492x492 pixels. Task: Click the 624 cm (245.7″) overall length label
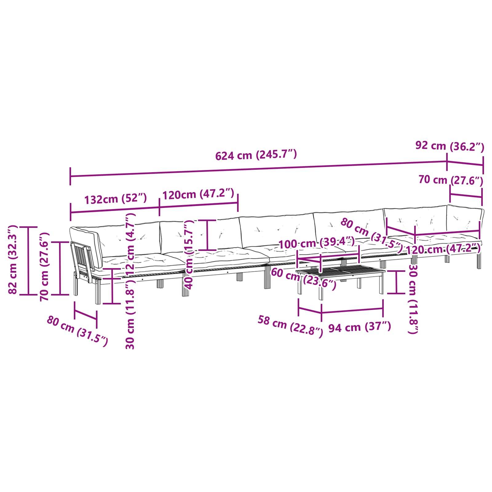(x=256, y=154)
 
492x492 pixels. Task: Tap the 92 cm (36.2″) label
(x=450, y=146)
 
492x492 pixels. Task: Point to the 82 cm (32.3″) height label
(x=13, y=259)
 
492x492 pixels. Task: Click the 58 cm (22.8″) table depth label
(x=290, y=326)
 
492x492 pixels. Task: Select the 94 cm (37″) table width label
(x=360, y=327)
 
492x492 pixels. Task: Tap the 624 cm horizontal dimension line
(x=259, y=169)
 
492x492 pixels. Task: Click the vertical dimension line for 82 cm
(x=29, y=261)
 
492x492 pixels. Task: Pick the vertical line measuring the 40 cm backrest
(x=207, y=235)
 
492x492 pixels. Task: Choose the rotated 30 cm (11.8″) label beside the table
(x=413, y=299)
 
